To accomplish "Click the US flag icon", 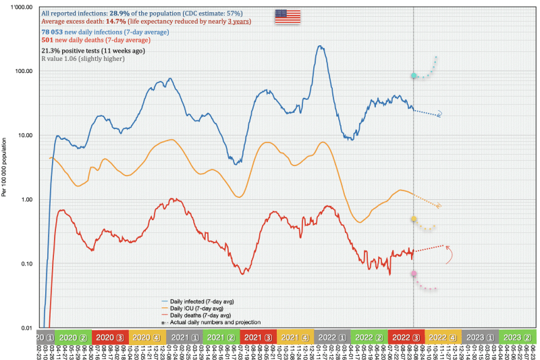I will click(288, 17).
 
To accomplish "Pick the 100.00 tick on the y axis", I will click(24, 71).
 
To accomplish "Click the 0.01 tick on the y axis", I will click(26, 328).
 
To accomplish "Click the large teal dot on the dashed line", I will click(414, 76).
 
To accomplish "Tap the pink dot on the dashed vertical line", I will click(414, 274).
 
